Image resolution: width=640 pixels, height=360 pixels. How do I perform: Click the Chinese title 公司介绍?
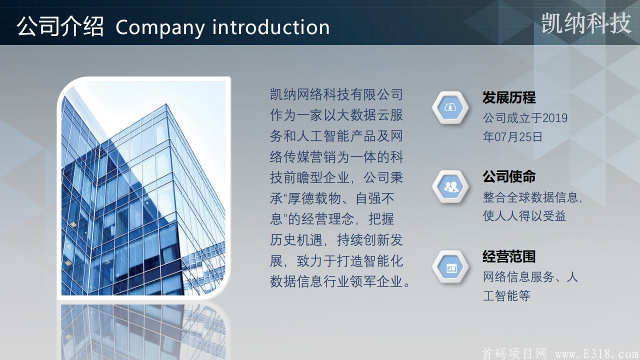pos(60,26)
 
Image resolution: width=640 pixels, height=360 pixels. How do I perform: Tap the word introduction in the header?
pos(271,27)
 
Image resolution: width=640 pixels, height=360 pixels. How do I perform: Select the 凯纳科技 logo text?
pos(586,23)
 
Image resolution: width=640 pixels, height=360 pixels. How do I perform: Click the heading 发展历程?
pos(509,97)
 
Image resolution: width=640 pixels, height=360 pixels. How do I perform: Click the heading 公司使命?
pos(509,176)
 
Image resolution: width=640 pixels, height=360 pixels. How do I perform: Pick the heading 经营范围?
pos(509,256)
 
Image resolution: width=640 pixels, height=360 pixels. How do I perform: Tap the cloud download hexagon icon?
pos(450,107)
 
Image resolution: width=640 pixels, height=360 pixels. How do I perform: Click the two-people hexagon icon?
pos(450,186)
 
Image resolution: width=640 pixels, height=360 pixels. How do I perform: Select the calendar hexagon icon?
pos(450,267)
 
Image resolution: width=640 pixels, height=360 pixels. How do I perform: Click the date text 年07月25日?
pos(512,137)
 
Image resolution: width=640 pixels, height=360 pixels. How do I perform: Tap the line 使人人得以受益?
pos(524,215)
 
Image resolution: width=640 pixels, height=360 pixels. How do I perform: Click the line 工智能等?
pos(506,295)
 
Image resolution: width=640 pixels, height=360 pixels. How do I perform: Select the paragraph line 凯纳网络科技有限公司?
pos(336,94)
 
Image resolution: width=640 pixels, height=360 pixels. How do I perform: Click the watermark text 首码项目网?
pos(514,353)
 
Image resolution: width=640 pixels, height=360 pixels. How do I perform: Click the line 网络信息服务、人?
pos(530,276)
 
